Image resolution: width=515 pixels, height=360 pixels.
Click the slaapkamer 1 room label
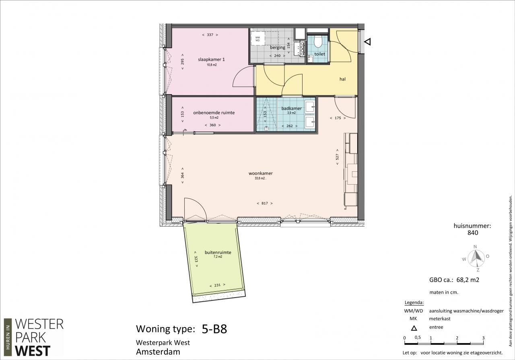click(211, 60)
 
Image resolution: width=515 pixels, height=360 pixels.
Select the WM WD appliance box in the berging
click(257, 39)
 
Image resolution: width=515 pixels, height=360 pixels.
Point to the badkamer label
click(291, 108)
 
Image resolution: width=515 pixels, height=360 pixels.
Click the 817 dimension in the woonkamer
click(265, 203)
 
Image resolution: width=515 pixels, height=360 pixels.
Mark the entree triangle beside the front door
click(368, 42)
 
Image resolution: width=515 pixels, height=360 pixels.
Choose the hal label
click(342, 79)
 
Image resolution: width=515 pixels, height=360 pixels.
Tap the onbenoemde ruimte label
click(214, 113)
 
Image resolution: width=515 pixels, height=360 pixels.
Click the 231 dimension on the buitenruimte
click(217, 285)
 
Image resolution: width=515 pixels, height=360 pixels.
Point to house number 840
click(473, 233)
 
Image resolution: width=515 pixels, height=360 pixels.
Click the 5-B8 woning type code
click(214, 329)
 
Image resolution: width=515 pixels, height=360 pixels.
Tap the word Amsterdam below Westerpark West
click(158, 352)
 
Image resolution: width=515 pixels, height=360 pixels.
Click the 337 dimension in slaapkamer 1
click(210, 35)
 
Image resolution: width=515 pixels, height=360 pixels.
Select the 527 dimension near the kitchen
click(337, 157)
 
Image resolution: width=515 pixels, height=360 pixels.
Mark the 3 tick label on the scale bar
click(483, 338)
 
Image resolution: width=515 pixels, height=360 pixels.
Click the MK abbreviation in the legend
click(413, 319)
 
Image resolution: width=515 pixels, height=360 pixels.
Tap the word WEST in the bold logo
click(33, 351)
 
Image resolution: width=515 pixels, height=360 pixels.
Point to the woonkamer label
click(260, 173)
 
